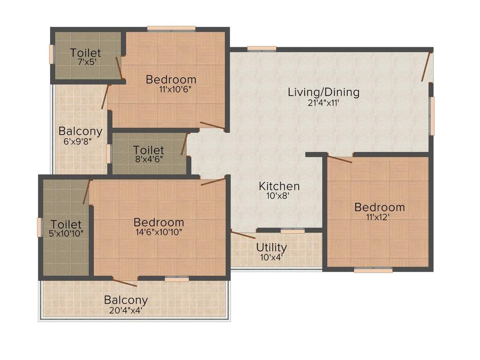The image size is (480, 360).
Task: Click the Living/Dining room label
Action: pyautogui.click(x=323, y=92)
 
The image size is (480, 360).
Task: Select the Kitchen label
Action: pyautogui.click(x=279, y=186)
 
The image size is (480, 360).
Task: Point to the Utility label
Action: pyautogui.click(x=271, y=247)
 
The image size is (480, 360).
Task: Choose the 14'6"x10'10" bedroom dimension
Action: pyautogui.click(x=158, y=232)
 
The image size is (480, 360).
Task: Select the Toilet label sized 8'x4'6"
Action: pyautogui.click(x=149, y=150)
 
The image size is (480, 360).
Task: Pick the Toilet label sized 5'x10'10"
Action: pyautogui.click(x=66, y=225)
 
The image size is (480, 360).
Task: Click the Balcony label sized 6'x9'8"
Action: pyautogui.click(x=80, y=131)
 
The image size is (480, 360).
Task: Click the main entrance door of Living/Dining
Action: pyautogui.click(x=426, y=67)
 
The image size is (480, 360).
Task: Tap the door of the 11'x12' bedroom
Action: pyautogui.click(x=340, y=159)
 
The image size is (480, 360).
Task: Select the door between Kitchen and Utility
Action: pyautogui.click(x=243, y=234)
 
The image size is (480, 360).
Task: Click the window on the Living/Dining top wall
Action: pyautogui.click(x=262, y=48)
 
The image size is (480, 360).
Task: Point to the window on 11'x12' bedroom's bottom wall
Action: pyautogui.click(x=373, y=270)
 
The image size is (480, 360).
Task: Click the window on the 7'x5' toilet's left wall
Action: pyautogui.click(x=51, y=54)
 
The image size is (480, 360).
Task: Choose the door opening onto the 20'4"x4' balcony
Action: pyautogui.click(x=125, y=282)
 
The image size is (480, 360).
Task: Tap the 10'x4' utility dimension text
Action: pyautogui.click(x=272, y=257)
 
